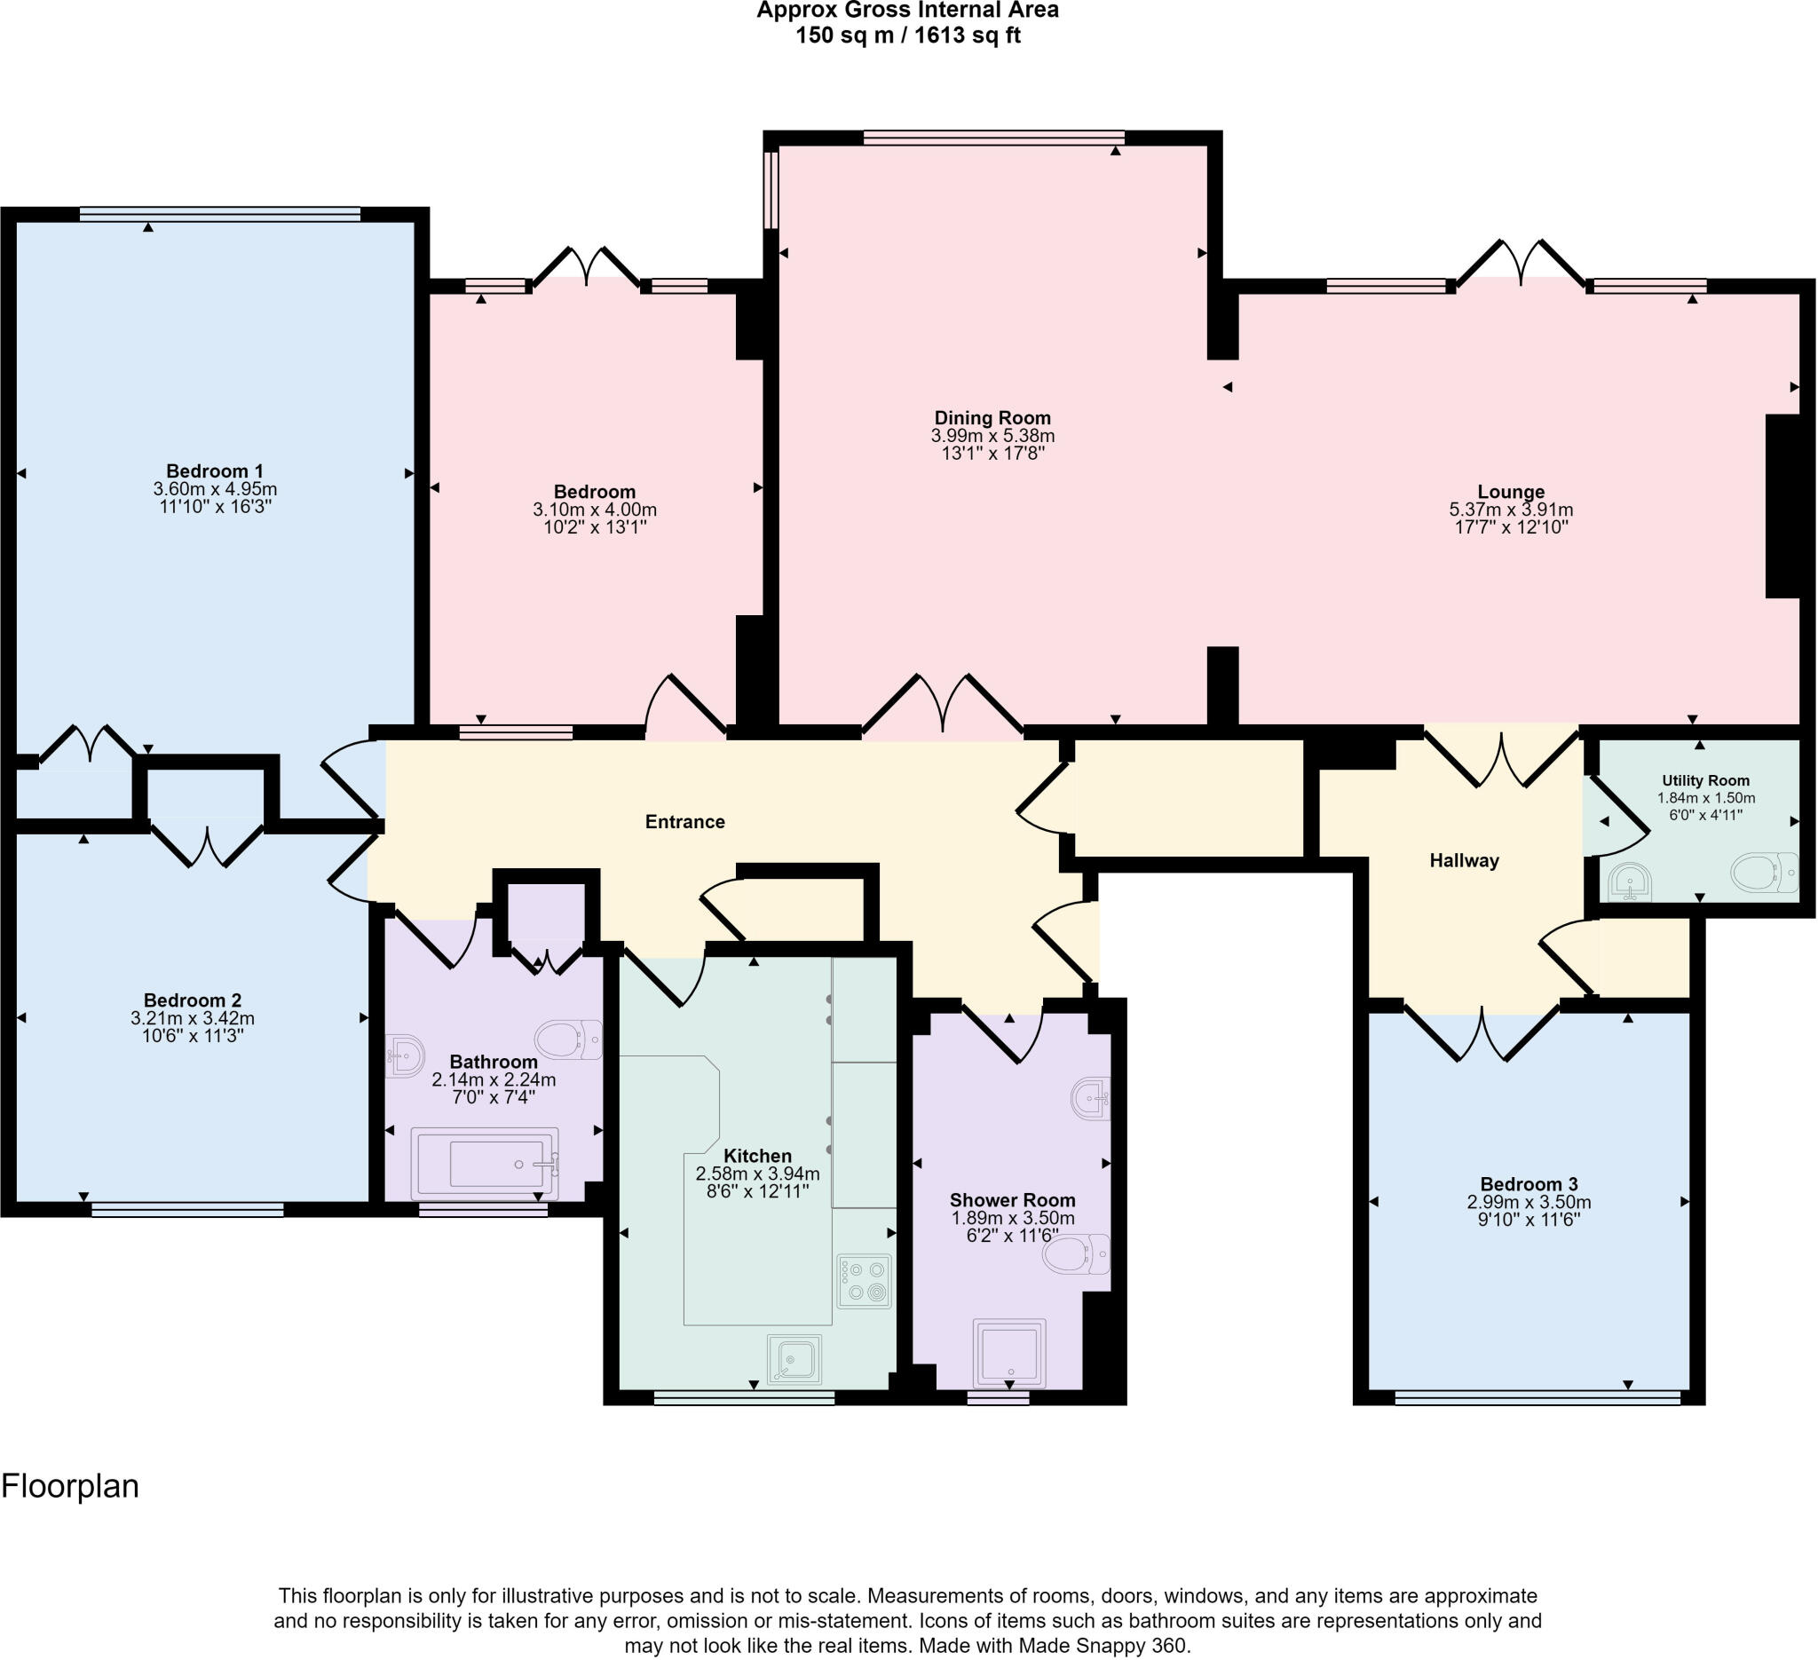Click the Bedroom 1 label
215,470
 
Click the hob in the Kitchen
864,1281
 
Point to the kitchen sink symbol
794,1359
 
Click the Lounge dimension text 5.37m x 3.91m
1511,510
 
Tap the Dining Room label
992,417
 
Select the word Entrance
684,821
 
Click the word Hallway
1464,860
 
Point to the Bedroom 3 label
1529,1184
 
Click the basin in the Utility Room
1632,882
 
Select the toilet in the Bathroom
568,1039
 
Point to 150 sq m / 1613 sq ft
908,36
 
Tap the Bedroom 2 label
192,1000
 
